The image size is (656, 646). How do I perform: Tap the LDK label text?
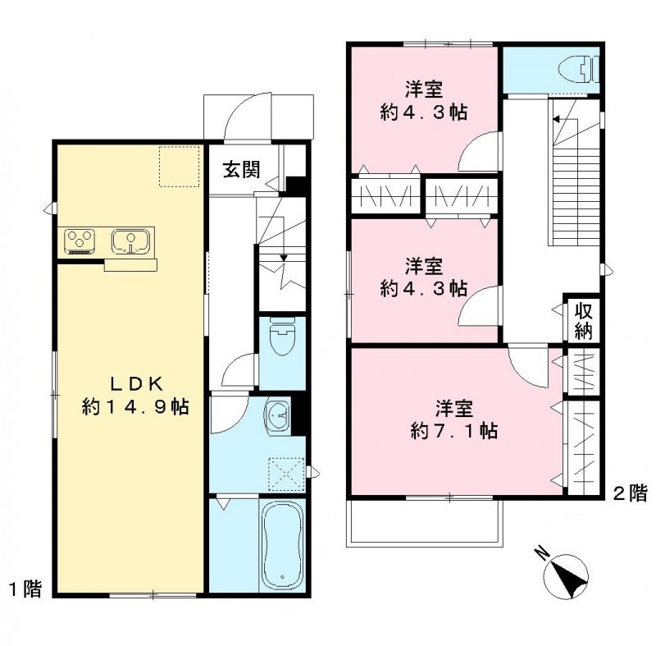click(x=136, y=383)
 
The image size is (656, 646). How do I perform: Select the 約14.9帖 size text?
click(x=136, y=406)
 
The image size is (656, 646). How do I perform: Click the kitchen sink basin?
click(x=130, y=241)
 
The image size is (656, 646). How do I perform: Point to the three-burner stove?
click(x=81, y=241)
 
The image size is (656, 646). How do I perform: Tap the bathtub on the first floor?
click(x=281, y=543)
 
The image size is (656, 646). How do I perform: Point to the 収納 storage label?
click(x=583, y=319)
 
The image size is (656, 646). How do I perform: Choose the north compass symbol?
click(x=567, y=574)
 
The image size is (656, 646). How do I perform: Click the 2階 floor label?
click(x=630, y=493)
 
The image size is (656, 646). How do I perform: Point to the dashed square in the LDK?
click(x=180, y=167)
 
